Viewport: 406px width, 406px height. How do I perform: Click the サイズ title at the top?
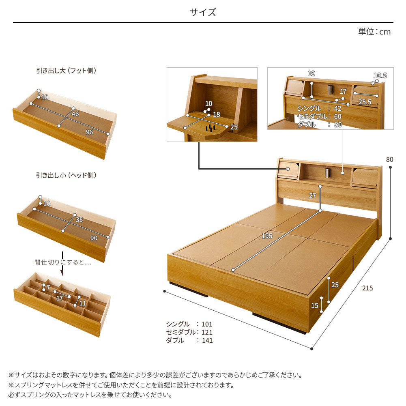click(x=203, y=12)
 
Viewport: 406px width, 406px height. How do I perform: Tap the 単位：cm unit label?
click(x=374, y=32)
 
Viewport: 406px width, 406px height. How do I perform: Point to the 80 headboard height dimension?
click(x=389, y=159)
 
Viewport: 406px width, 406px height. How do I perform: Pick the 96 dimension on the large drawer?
click(x=89, y=132)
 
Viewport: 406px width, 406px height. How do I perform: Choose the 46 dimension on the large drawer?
click(x=75, y=114)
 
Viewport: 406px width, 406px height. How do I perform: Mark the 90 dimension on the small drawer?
click(x=94, y=238)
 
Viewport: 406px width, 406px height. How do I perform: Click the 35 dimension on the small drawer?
click(x=79, y=220)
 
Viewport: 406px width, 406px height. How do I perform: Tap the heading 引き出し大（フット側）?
click(x=66, y=71)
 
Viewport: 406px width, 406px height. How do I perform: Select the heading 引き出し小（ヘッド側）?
click(x=66, y=175)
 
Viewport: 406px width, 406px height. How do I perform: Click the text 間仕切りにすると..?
click(x=63, y=262)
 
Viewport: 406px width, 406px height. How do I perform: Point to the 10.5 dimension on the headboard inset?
click(x=380, y=75)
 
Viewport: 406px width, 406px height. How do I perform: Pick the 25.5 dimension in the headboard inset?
click(x=365, y=102)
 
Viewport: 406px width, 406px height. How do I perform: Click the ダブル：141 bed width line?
click(x=189, y=341)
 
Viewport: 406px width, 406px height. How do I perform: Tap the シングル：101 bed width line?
click(x=189, y=324)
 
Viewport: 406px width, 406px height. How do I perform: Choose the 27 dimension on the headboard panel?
click(x=312, y=195)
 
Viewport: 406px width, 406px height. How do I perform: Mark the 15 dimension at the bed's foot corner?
click(x=315, y=305)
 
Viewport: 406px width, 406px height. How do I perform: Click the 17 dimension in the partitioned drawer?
click(x=59, y=299)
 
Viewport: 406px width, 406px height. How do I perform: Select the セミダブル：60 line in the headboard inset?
click(x=319, y=117)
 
